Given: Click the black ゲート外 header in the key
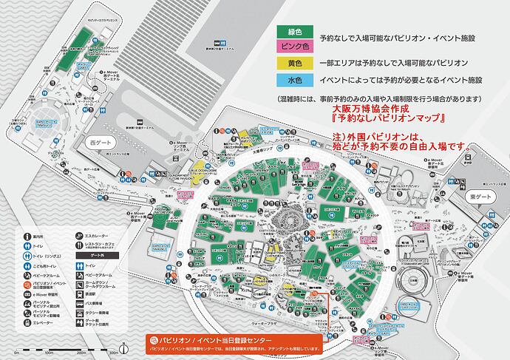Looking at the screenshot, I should click(x=86, y=254).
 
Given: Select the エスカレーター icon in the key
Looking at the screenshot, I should click(x=68, y=237).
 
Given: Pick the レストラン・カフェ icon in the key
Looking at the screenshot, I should click(x=68, y=245).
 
